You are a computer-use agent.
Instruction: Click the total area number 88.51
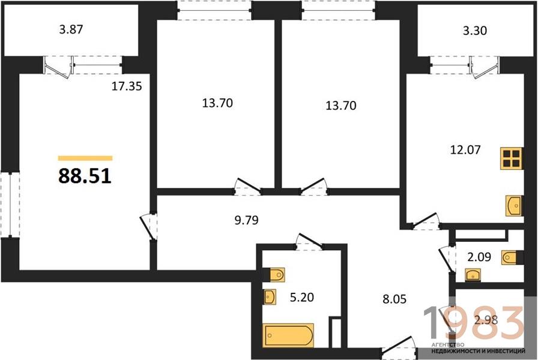[85, 176]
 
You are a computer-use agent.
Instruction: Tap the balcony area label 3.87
[71, 29]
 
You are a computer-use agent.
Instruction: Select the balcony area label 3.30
[475, 31]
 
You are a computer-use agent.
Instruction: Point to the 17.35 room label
[127, 86]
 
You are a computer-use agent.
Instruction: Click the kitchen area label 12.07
[465, 149]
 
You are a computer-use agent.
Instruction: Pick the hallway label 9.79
[246, 220]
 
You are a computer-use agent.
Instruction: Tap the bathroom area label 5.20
[302, 297]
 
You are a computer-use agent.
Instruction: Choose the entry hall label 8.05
[394, 299]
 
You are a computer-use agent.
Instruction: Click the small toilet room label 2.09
[479, 256]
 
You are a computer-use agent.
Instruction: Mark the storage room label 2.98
[486, 320]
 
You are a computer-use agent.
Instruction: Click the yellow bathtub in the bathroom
[288, 335]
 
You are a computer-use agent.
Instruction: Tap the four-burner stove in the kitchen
[511, 158]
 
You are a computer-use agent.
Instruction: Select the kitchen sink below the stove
[513, 206]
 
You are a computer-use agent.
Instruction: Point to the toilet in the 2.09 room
[510, 257]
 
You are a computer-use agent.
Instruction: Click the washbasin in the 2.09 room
[473, 275]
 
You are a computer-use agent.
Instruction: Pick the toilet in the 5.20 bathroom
[277, 274]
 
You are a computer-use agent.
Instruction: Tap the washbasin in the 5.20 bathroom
[270, 297]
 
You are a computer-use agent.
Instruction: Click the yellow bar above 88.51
[85, 158]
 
